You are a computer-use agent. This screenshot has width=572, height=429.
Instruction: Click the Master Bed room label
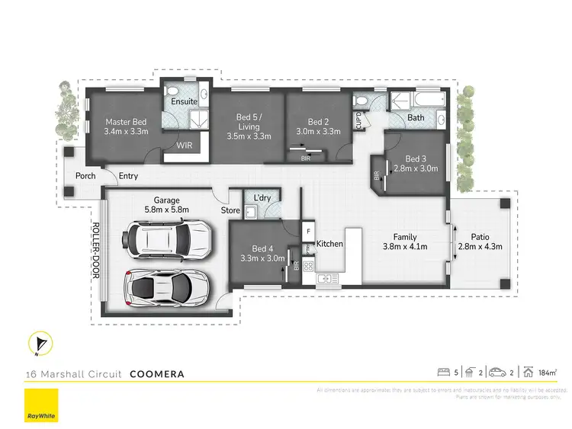126,121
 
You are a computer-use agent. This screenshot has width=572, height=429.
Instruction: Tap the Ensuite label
184,101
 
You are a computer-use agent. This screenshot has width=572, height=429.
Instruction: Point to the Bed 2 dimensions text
317,131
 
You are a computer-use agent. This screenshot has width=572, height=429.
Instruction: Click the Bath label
416,117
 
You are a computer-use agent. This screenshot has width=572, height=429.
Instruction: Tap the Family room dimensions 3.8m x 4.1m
404,246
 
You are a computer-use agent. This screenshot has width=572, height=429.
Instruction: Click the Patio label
478,236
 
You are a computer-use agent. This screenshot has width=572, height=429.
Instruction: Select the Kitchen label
329,244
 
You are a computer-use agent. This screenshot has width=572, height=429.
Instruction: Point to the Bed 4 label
262,248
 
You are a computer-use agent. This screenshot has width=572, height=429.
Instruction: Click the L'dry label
262,199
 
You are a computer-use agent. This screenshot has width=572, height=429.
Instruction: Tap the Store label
230,210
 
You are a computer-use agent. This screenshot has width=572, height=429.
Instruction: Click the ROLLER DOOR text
97,251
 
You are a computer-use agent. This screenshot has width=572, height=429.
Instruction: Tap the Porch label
85,177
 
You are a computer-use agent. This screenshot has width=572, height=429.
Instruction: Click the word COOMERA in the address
157,374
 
